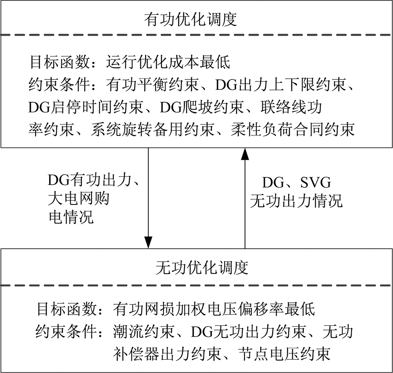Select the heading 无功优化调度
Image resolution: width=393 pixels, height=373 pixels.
[202, 268]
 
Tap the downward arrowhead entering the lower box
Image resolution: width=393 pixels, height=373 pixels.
[149, 242]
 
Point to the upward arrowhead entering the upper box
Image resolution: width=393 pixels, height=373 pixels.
[245, 154]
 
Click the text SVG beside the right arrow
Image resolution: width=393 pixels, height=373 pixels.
[316, 183]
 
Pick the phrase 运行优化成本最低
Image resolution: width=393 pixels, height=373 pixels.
[168, 62]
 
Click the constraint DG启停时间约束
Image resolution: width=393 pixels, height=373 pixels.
[86, 107]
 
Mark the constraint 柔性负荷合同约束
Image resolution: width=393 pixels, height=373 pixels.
[292, 130]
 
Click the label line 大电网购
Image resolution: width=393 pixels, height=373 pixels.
[79, 198]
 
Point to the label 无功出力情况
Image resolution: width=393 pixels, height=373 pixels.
[296, 201]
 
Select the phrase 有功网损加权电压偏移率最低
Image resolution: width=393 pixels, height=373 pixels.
[214, 309]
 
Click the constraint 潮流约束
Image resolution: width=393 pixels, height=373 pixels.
[144, 332]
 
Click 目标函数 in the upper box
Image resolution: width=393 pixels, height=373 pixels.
[59, 62]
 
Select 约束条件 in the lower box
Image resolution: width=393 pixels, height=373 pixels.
[66, 332]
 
